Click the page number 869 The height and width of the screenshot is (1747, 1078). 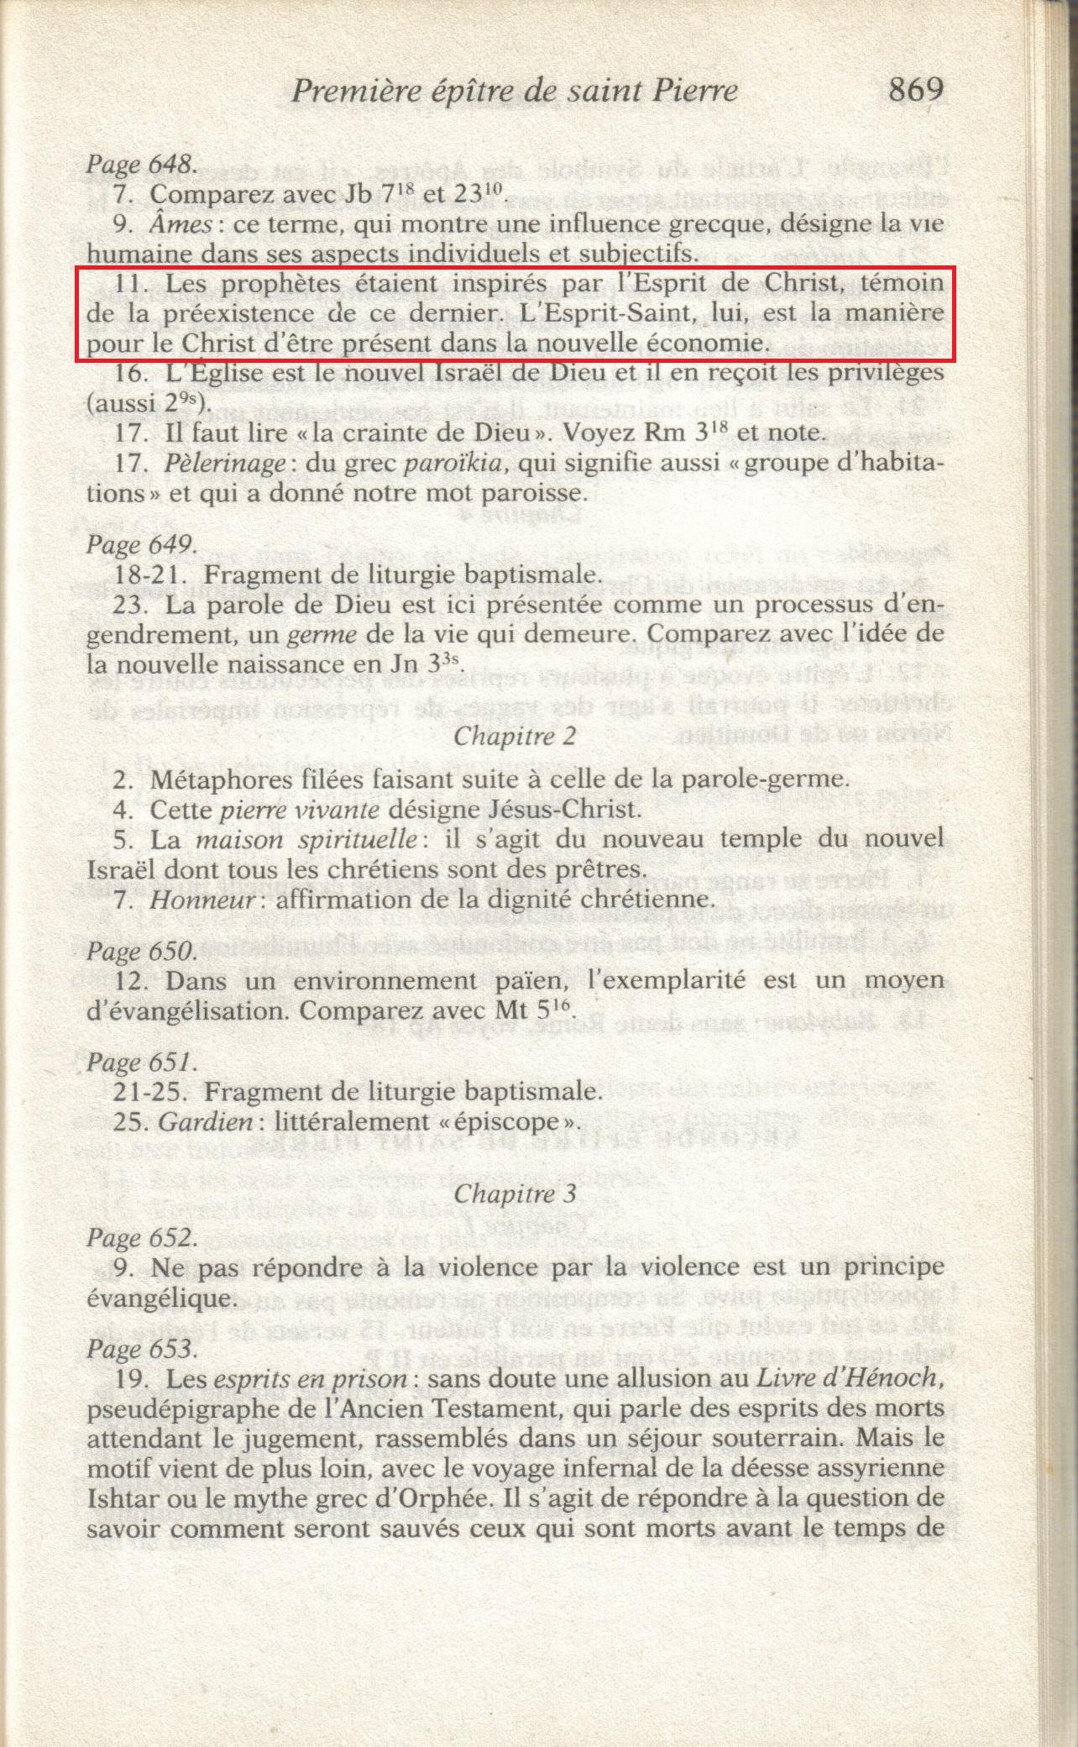click(916, 89)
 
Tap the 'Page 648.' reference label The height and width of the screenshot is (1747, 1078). click(142, 164)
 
